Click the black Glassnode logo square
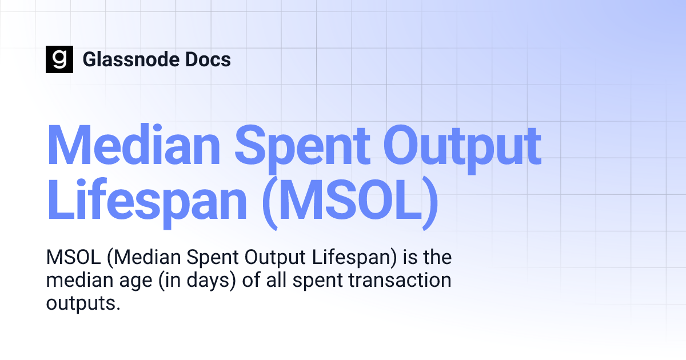coord(59,59)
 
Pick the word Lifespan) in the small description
coord(354,258)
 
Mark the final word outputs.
coord(83,303)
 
